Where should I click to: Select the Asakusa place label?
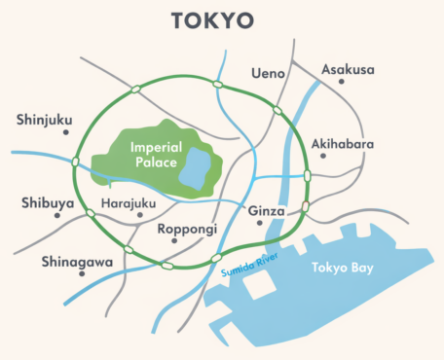(x=348, y=70)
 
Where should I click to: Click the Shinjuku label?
(x=45, y=120)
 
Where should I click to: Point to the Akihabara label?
(x=342, y=145)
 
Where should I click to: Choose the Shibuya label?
(x=46, y=203)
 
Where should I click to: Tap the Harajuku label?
(x=129, y=203)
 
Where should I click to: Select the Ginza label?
(x=266, y=210)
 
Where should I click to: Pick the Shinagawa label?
(x=78, y=262)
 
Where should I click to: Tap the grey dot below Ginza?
(x=260, y=223)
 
